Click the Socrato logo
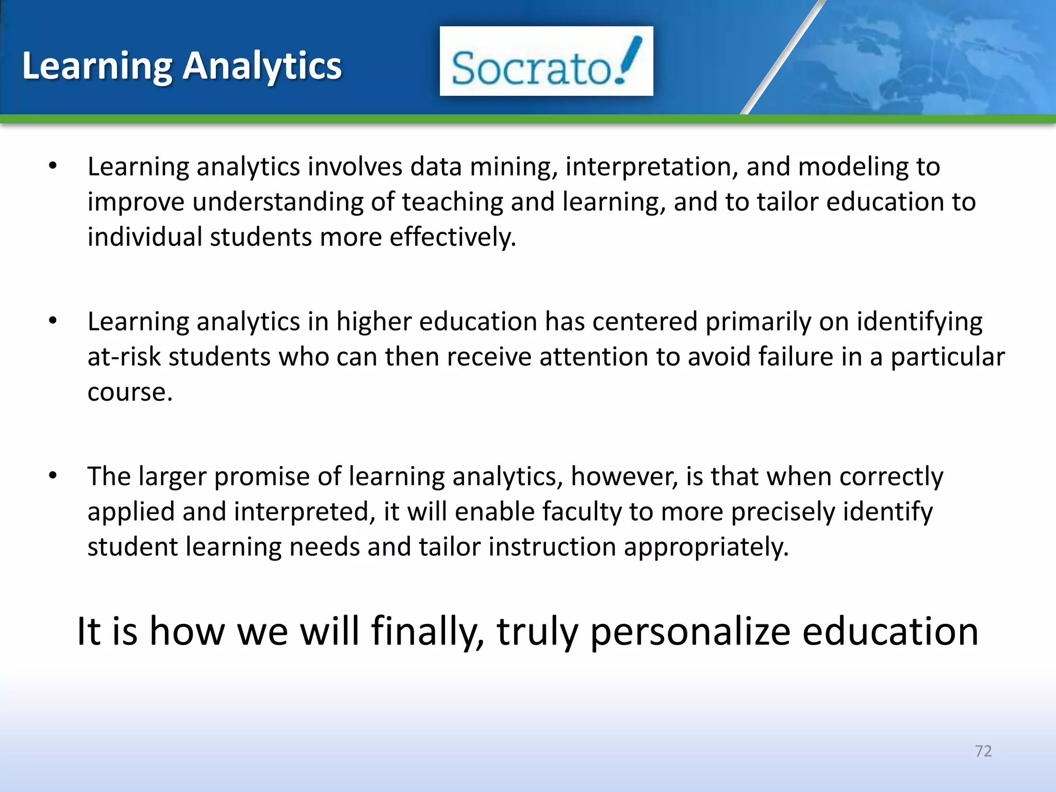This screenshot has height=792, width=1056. tap(546, 61)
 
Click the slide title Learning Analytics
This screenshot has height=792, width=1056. tap(181, 66)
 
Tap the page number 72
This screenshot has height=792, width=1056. tap(983, 751)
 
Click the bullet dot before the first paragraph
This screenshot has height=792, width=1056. tap(53, 166)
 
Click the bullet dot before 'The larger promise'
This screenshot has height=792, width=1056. tap(53, 475)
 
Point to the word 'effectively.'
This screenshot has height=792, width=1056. tap(452, 237)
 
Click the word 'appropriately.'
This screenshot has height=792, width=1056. tap(706, 548)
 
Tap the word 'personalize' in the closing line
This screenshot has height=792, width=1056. tap(690, 632)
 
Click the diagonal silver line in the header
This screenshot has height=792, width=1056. tap(784, 57)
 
